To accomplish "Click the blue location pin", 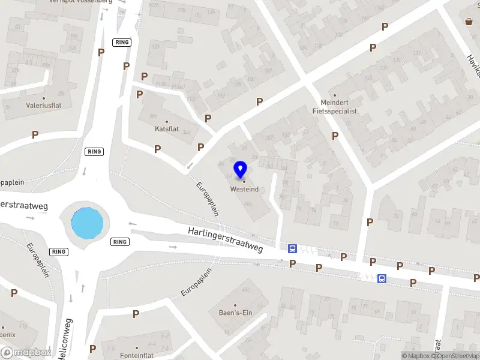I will point(241,170).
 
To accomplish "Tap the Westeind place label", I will point(244,190).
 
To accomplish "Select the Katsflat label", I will point(167,129).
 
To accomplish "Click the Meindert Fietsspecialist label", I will point(335,107).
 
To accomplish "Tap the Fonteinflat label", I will point(137,355).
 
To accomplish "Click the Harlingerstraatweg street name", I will point(225,239).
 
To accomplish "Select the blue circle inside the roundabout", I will point(88,222).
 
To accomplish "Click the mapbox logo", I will point(26,352).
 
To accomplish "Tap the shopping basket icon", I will point(469,22).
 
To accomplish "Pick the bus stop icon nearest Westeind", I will point(292,248).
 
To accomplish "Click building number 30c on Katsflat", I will point(153,116).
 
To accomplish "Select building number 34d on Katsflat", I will point(187,133).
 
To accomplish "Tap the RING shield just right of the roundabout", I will point(120,242).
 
